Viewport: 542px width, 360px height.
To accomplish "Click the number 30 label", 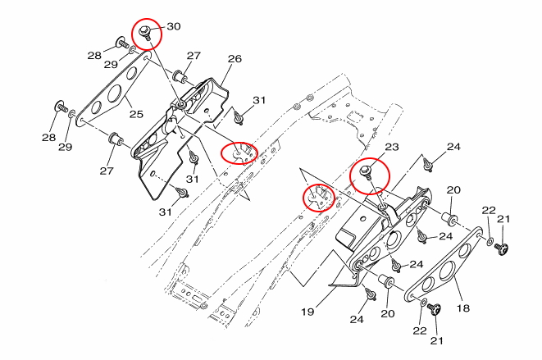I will (x=173, y=26).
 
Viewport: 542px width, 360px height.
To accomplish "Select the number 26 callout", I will (x=235, y=59).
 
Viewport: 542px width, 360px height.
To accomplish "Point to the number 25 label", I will (x=136, y=112).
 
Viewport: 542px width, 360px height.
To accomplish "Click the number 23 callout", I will (x=391, y=148).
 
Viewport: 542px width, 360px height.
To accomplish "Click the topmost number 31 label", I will (x=259, y=100).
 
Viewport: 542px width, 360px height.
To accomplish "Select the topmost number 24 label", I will (x=453, y=148).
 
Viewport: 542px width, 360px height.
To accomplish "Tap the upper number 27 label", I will (x=193, y=56).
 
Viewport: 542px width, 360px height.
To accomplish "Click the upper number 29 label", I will (x=111, y=64).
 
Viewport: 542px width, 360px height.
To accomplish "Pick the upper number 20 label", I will (x=453, y=190).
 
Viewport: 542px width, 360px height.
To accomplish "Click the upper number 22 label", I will (x=489, y=211).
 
